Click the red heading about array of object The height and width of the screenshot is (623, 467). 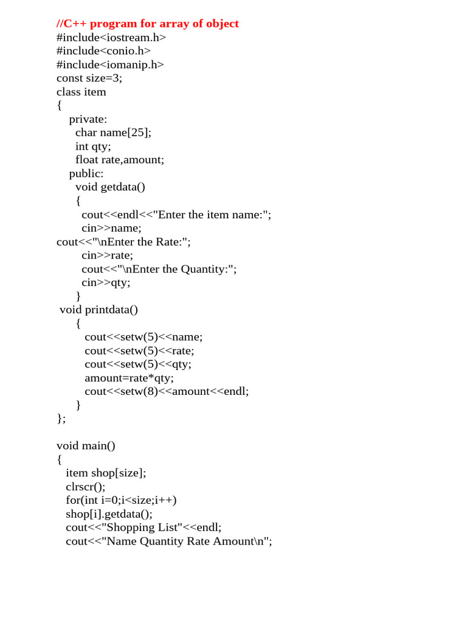tap(148, 24)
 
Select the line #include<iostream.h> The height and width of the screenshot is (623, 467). tap(111, 38)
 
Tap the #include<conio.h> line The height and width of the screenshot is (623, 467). tap(103, 51)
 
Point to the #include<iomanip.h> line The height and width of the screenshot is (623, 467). tap(110, 64)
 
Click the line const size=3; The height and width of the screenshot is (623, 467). tap(89, 78)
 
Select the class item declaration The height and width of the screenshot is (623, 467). tap(81, 92)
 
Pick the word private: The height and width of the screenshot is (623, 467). tap(88, 119)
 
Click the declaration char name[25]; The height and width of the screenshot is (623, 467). tap(113, 133)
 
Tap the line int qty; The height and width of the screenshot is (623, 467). tap(93, 146)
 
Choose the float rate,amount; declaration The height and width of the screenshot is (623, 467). tap(120, 159)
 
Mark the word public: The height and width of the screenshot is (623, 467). tap(86, 173)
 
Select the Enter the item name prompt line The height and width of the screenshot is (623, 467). tap(176, 214)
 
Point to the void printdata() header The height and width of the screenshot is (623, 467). tap(99, 310)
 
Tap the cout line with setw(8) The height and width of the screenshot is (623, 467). tap(167, 391)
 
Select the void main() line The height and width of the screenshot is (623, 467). tap(86, 446)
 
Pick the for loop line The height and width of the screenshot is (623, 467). tap(121, 500)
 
